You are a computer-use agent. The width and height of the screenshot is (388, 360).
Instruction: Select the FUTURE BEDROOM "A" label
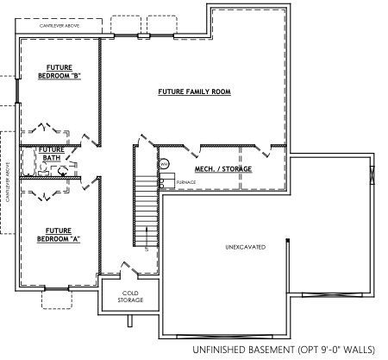(x=58, y=234)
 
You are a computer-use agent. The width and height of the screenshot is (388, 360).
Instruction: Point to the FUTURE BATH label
(x=51, y=153)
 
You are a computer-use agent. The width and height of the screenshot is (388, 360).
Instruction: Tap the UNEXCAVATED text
(x=245, y=248)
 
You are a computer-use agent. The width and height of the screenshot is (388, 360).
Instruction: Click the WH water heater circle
(x=163, y=164)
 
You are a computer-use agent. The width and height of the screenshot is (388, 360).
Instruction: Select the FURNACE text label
(x=186, y=183)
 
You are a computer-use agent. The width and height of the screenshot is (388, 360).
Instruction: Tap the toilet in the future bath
(x=63, y=170)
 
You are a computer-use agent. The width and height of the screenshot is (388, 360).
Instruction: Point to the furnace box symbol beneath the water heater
(x=162, y=182)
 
